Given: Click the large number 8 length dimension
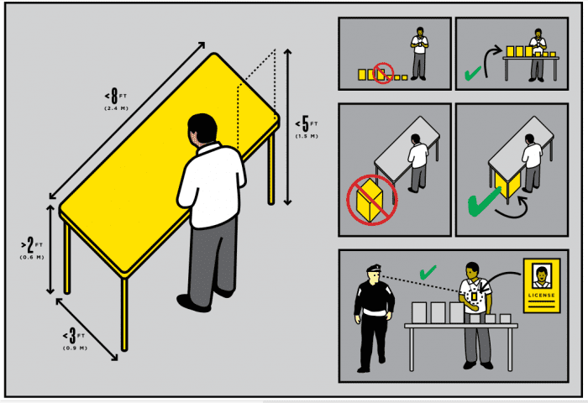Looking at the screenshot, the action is click(x=114, y=96).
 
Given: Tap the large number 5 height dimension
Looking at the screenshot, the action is click(x=306, y=123).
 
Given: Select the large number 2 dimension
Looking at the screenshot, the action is click(x=30, y=245).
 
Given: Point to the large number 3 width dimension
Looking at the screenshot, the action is click(x=72, y=336).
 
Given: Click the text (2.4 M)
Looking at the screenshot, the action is click(x=116, y=108).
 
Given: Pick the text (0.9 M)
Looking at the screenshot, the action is click(x=75, y=348).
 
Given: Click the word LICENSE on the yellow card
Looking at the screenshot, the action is click(x=542, y=295).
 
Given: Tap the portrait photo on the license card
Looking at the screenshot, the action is click(x=542, y=277).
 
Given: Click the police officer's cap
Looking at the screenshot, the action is click(x=374, y=268).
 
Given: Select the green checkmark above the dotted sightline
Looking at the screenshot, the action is click(x=427, y=274).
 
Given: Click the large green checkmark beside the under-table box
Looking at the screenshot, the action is click(x=483, y=202).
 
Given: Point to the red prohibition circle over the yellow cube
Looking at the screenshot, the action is click(x=371, y=200).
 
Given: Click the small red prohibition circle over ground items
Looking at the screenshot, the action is click(x=383, y=73).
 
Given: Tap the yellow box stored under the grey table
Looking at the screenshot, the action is click(x=507, y=185).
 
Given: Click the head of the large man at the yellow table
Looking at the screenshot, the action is click(x=202, y=129).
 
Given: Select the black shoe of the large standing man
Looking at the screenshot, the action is click(x=192, y=303).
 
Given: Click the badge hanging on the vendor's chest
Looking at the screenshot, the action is click(x=474, y=297).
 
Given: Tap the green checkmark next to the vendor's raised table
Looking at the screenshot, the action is click(x=472, y=73).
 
